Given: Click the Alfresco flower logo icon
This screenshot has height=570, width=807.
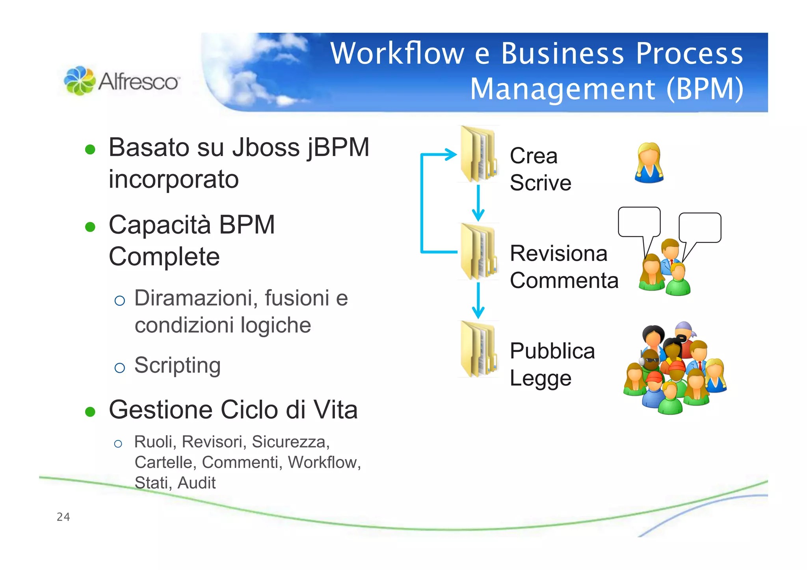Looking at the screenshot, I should point(79,81).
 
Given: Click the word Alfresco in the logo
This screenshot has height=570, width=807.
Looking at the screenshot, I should point(138,82).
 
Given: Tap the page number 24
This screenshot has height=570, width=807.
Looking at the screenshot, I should point(63,517).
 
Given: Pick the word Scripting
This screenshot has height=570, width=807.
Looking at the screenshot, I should point(177,365).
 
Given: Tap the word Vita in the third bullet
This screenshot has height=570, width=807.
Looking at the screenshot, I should point(335,410).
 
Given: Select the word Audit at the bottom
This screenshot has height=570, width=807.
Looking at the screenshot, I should point(196,483).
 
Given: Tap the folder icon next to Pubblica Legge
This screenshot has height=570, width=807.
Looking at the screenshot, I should point(478,349).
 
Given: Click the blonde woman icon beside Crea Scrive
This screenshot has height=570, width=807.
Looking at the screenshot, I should point(649,163).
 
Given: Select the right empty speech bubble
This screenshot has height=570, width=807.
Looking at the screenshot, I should point(700,227).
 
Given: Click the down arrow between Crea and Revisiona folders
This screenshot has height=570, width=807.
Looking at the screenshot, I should point(478,203).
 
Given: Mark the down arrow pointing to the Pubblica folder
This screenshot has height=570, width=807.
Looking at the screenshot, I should point(478,301).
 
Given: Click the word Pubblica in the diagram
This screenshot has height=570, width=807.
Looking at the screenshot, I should point(552,351).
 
